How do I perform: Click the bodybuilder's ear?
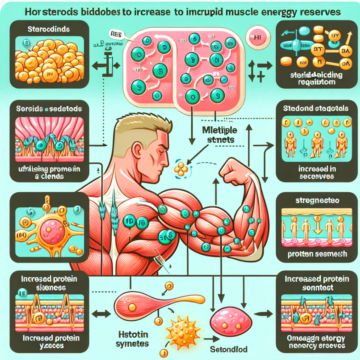tap(138, 149)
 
